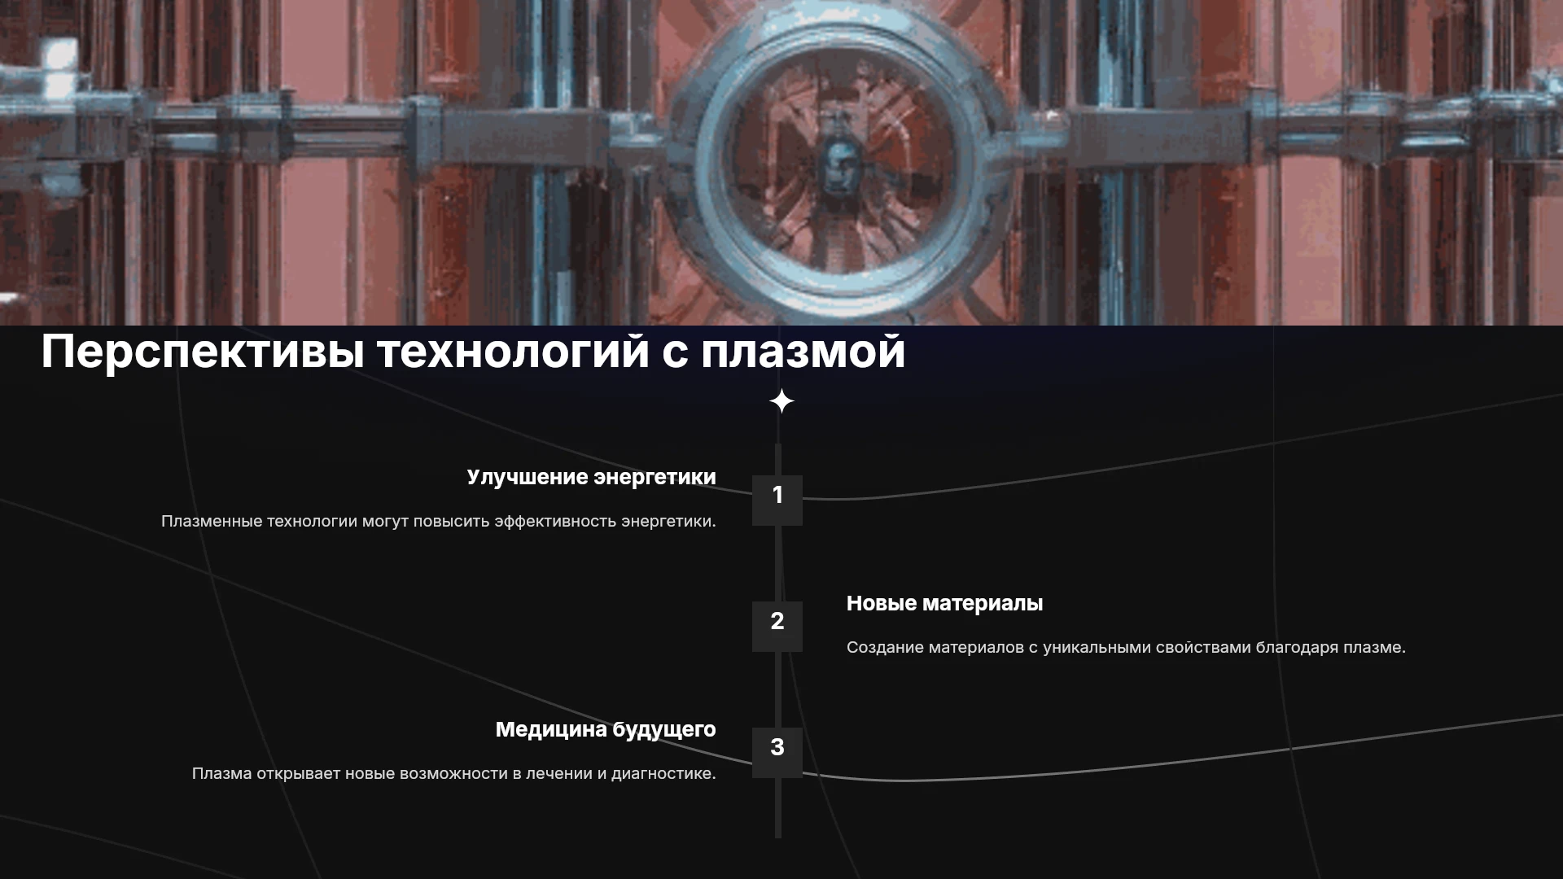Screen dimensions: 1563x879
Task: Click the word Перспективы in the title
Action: tap(203, 352)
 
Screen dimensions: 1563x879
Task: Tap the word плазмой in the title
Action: tap(803, 352)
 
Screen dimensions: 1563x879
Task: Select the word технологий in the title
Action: tap(513, 352)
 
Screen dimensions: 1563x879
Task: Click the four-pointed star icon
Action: tap(781, 401)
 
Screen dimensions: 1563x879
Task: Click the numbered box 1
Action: tap(777, 500)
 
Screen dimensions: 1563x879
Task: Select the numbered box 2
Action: tap(777, 626)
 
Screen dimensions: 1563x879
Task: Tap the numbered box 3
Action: tap(777, 752)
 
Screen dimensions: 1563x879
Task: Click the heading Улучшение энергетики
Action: tap(592, 478)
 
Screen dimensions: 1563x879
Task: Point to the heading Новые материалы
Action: tap(944, 603)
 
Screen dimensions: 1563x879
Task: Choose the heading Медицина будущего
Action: tap(606, 730)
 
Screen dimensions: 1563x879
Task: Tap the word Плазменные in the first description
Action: tap(212, 521)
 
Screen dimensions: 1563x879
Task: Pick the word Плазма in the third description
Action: tap(222, 773)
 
